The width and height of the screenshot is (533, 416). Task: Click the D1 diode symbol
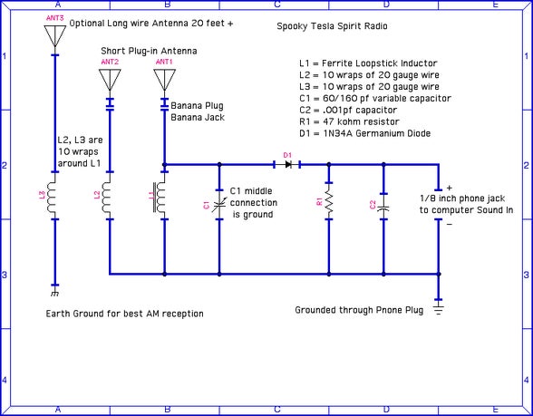286,165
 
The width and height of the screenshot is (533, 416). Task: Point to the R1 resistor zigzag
328,205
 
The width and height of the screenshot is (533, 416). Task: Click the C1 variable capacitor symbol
218,207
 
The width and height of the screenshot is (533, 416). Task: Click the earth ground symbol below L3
55,292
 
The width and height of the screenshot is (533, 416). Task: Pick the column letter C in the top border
276,5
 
